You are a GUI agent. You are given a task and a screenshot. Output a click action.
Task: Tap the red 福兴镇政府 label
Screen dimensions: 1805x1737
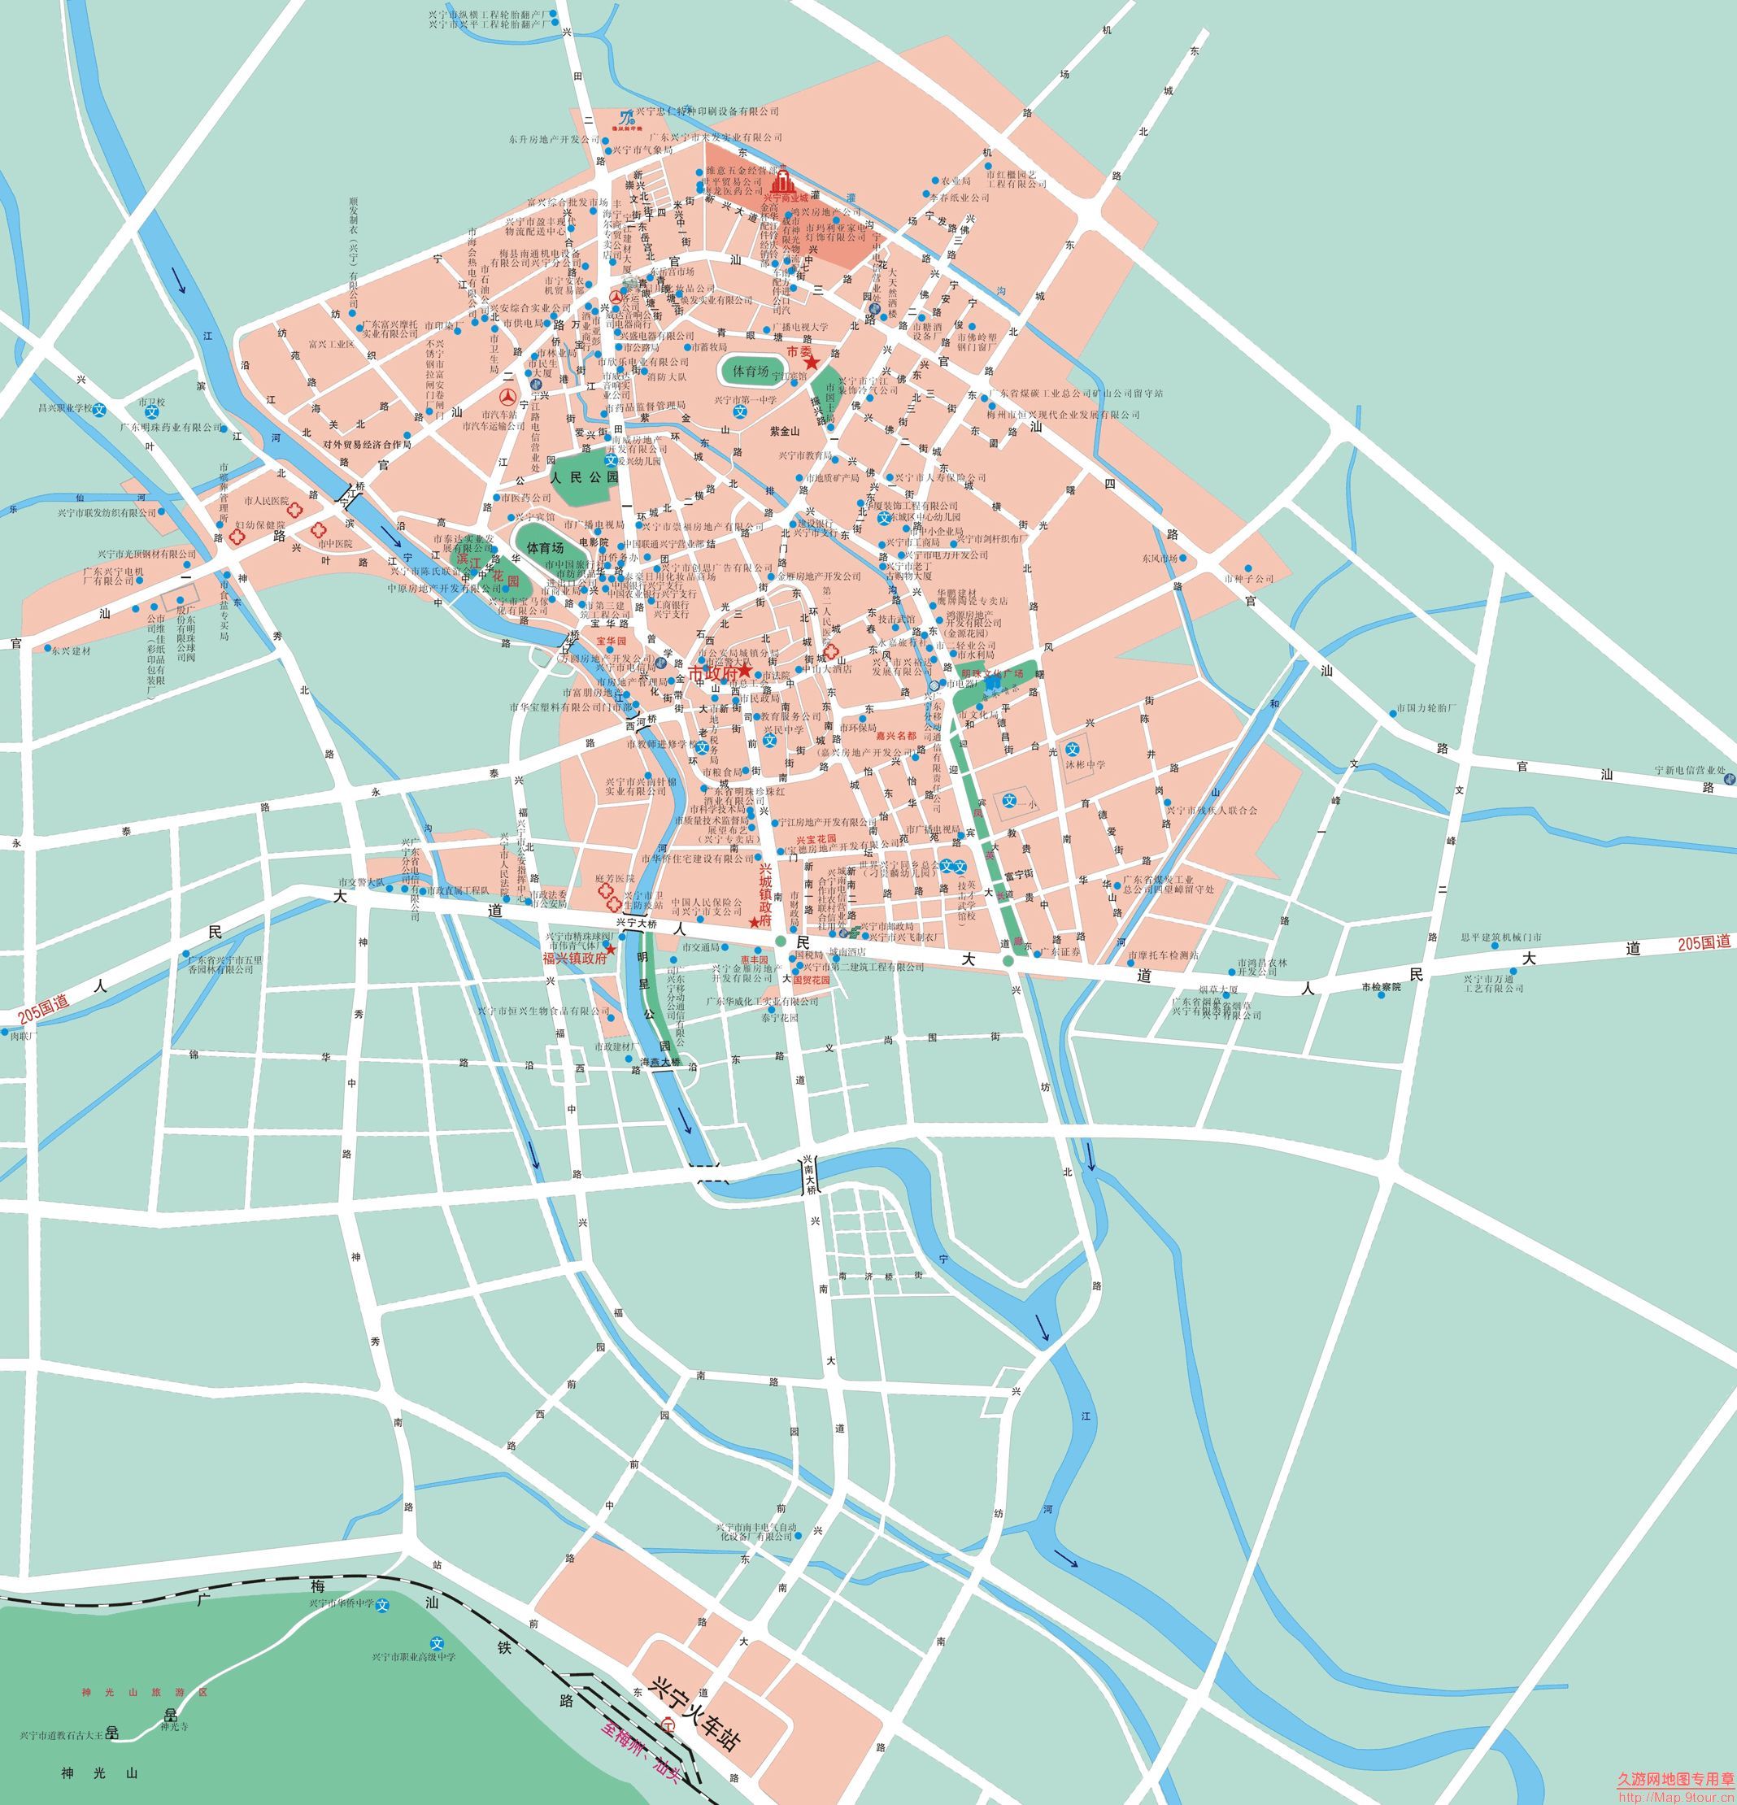point(575,958)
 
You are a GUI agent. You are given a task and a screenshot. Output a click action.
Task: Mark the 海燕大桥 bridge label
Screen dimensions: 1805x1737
point(660,1062)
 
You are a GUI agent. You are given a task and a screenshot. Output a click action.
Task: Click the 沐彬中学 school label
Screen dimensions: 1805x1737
point(1086,764)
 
